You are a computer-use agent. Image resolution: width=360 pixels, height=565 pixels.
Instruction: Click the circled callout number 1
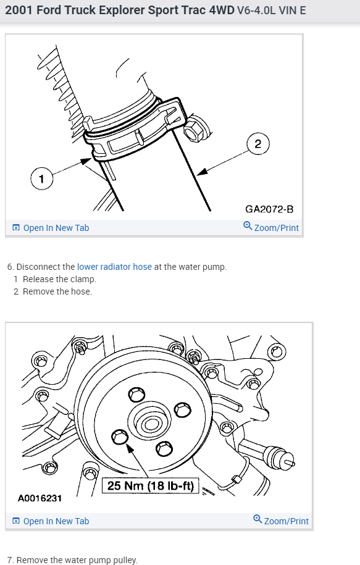point(42,178)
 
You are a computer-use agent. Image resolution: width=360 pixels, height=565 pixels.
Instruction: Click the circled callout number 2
point(258,144)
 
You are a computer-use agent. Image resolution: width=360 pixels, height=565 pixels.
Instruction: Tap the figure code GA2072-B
point(269,209)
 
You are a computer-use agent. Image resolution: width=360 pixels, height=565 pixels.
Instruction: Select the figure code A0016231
point(40,498)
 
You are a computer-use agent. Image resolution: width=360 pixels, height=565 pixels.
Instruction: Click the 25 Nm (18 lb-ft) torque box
point(151,486)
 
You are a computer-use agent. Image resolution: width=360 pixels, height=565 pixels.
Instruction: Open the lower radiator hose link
point(114,267)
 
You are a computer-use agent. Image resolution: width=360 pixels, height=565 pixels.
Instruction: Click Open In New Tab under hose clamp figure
point(51,228)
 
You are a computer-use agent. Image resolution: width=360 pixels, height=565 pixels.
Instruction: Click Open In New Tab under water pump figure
point(51,521)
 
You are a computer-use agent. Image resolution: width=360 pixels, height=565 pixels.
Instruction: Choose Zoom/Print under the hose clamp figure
point(271,227)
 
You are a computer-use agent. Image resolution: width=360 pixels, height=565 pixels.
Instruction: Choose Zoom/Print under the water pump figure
point(281,521)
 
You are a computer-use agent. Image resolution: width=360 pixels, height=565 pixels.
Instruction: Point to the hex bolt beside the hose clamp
point(195,128)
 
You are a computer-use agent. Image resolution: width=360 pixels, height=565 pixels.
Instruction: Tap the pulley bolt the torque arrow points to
point(120,437)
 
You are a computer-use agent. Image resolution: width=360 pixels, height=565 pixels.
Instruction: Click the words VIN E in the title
point(292,10)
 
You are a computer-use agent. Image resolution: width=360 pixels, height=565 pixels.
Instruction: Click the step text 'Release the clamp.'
point(59,279)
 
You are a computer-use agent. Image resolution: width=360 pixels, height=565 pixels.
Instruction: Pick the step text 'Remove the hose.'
point(57,291)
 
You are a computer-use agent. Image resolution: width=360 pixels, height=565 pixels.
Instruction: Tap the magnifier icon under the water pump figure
point(257,519)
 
